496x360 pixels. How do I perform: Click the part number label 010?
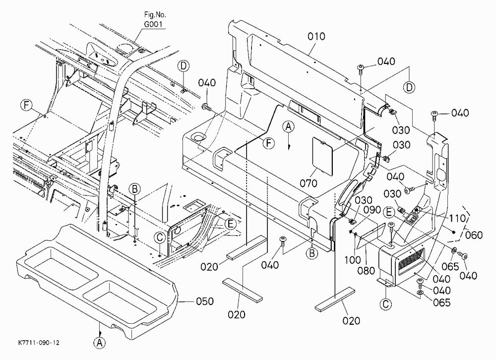click(x=316, y=36)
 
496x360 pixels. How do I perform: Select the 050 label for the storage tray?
click(x=205, y=301)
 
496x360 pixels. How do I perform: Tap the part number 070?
click(x=309, y=183)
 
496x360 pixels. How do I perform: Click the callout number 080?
click(x=366, y=271)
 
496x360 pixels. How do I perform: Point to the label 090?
click(x=372, y=210)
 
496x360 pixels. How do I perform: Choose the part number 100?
click(x=353, y=260)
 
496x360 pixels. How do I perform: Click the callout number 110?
click(x=457, y=218)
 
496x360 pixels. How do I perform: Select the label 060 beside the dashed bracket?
click(x=474, y=235)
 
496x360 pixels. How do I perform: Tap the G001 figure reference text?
click(x=155, y=24)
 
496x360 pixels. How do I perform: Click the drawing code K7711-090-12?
click(x=39, y=343)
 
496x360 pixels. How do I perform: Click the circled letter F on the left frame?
click(x=27, y=105)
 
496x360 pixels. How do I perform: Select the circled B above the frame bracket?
click(x=135, y=189)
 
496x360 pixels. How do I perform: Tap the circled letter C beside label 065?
click(x=386, y=304)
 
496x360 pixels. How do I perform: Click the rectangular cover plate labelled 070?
click(x=323, y=156)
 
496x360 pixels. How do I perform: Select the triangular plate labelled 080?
click(x=370, y=236)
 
